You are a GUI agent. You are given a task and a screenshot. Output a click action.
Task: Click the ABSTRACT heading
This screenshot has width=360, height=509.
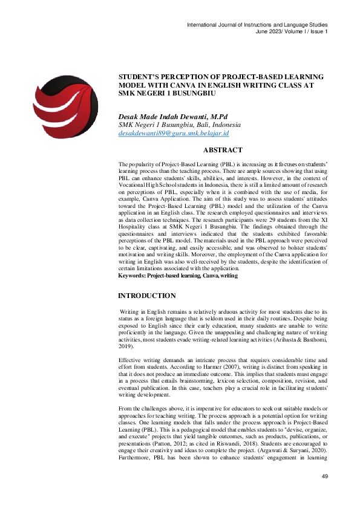tap(223, 150)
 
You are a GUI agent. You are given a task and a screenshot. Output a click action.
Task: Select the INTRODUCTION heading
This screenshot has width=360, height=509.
tap(147, 296)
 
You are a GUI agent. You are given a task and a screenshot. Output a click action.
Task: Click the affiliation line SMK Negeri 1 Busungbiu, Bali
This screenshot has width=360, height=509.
tap(171, 125)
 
